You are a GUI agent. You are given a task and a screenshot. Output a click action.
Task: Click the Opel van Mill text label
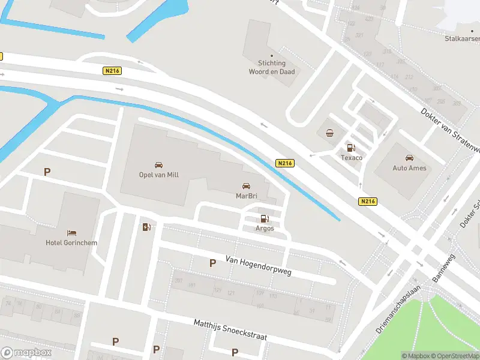pos(159,175)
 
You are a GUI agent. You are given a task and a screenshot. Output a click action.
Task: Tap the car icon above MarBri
pos(245,185)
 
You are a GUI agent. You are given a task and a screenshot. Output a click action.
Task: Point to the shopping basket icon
pos(329,133)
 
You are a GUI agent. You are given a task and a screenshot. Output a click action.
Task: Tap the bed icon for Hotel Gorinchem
pos(71,233)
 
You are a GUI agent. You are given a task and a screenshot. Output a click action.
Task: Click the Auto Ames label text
pos(409,168)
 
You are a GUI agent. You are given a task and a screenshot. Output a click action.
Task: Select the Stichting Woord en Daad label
pos(272,67)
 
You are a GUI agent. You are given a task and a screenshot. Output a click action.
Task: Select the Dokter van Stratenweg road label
pos(450,130)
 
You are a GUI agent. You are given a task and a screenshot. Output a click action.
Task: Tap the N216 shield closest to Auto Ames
pos(368,202)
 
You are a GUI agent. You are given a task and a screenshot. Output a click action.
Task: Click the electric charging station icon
pos(146,227)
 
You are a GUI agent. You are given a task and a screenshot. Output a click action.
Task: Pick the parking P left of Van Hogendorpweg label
pos(212,263)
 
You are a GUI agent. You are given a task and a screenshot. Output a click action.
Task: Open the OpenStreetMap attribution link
pos(458,356)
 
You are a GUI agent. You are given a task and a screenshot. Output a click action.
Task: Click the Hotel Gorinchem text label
pos(71,243)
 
